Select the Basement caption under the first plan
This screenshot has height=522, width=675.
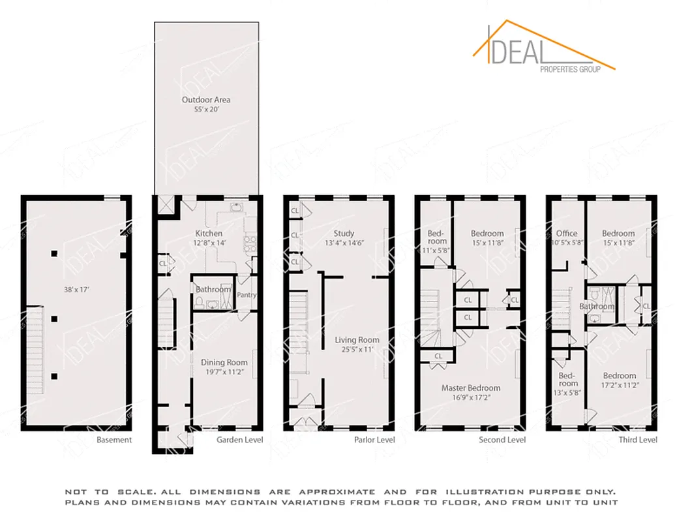[114, 440]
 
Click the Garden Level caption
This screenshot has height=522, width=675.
[240, 440]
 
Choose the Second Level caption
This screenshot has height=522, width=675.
[502, 440]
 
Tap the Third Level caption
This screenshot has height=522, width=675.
[638, 440]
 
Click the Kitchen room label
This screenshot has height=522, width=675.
[209, 233]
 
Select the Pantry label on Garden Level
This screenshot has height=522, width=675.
[247, 295]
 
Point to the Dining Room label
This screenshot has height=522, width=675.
[224, 362]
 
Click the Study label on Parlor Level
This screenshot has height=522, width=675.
[344, 233]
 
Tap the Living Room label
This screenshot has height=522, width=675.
[357, 340]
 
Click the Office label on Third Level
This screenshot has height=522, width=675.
[567, 233]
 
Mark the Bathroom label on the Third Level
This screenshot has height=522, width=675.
[597, 306]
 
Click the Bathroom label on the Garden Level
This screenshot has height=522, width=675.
[213, 289]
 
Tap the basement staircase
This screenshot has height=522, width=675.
[36, 352]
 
